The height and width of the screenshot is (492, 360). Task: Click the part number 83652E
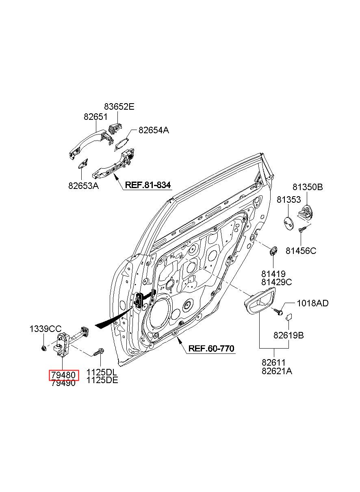119,106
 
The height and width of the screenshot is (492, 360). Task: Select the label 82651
95,117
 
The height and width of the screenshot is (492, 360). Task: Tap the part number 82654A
154,130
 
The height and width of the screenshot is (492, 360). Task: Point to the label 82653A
83,186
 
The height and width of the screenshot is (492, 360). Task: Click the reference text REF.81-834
147,185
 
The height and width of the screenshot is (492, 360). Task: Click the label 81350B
308,187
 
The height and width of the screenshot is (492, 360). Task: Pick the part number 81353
288,199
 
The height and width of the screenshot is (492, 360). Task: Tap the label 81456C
301,251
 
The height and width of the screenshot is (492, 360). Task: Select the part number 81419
273,274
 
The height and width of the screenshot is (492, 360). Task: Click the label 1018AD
312,303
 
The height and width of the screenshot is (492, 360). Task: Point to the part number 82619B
288,336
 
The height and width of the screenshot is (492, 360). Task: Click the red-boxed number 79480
63,375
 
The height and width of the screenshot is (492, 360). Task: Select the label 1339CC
46,329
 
